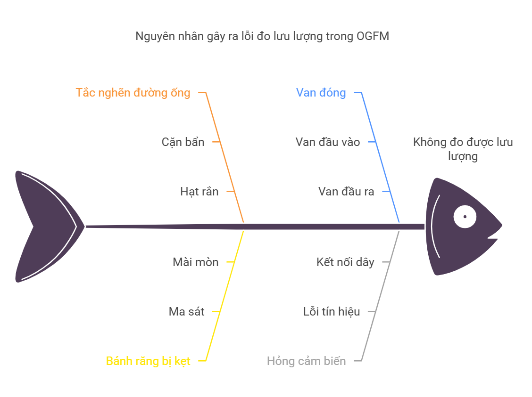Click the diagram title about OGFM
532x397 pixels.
[x=262, y=36]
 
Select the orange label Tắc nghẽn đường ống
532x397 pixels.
[x=133, y=92]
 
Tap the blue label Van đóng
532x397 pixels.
[x=321, y=92]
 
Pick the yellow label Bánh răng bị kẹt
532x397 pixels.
[x=148, y=361]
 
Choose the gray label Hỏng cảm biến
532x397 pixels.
[x=307, y=361]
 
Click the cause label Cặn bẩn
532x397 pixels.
[x=183, y=142]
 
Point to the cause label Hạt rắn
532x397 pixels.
[x=199, y=191]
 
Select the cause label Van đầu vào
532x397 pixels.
[x=328, y=142]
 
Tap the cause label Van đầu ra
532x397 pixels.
[x=346, y=191]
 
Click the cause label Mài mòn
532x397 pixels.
[x=195, y=262]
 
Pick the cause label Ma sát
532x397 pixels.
[x=187, y=311]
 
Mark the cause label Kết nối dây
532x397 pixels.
[x=345, y=262]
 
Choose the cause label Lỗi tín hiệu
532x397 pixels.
[x=332, y=311]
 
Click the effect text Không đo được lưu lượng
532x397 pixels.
[x=463, y=149]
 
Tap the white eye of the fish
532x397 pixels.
[x=465, y=217]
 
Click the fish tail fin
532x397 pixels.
[x=48, y=226]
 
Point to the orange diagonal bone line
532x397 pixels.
[x=224, y=157]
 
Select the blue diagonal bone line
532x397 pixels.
[x=380, y=157]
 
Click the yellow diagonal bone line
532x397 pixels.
[x=224, y=296]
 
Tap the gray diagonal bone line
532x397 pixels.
[x=380, y=296]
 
